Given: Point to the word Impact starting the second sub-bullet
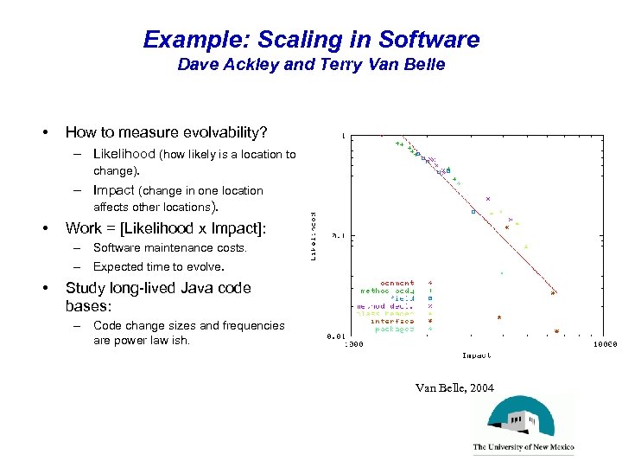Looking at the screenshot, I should [114, 190].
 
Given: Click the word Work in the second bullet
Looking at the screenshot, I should [84, 228].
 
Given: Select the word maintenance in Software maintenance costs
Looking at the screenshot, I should [170, 248].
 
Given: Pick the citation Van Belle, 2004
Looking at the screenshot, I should [454, 388].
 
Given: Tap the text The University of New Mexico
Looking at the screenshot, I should [523, 448].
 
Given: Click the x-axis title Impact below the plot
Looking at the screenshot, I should [476, 355].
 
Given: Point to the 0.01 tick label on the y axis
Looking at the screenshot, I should [337, 336].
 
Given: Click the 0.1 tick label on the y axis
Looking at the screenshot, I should [340, 235].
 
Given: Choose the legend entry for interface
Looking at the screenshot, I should [393, 321].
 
